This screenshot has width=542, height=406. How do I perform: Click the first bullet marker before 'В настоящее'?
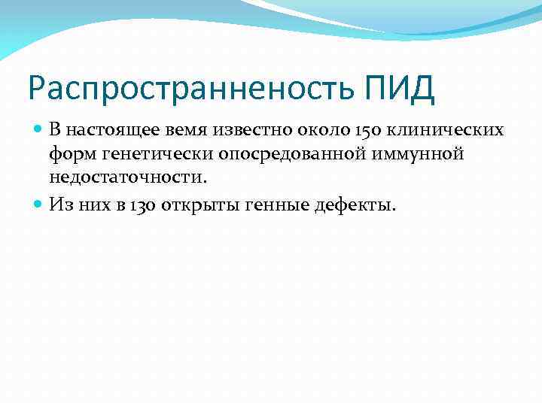coord(39,129)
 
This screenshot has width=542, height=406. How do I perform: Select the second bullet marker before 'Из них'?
coord(39,202)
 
